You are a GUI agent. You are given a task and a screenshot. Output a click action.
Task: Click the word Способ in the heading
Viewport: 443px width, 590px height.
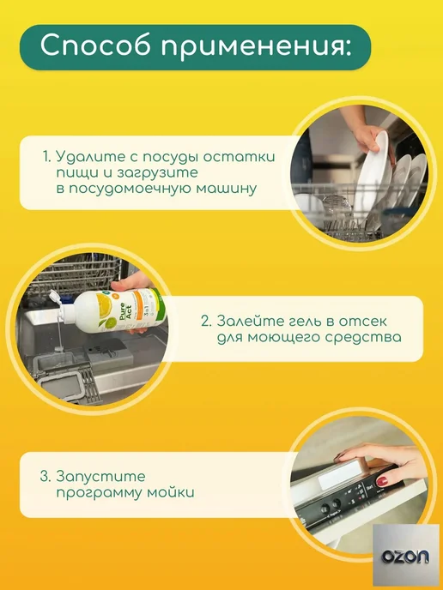[95, 46]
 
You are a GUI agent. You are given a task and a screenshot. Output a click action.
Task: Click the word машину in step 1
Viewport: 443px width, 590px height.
[227, 189]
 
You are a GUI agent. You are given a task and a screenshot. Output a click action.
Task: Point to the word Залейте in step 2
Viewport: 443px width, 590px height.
[246, 321]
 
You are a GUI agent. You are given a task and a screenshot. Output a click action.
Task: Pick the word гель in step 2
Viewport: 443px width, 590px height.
[300, 322]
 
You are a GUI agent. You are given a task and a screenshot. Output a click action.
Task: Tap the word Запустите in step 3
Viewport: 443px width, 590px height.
[100, 477]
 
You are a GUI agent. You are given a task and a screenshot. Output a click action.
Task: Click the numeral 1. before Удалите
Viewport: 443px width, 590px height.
[46, 156]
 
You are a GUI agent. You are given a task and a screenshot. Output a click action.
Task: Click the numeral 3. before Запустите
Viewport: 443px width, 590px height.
[46, 476]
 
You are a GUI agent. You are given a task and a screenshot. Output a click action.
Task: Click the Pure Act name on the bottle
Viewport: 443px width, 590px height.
[124, 311]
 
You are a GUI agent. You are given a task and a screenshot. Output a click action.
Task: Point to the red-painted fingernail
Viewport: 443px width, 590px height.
[383, 481]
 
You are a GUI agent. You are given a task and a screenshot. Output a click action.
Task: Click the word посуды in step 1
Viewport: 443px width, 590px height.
[172, 157]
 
